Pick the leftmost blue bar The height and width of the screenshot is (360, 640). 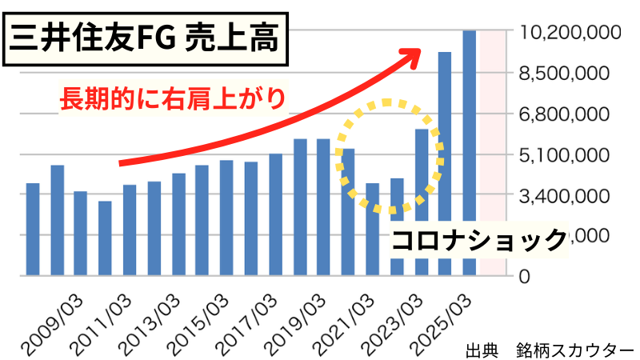point(33,230)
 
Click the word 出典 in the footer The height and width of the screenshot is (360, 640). point(481,350)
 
